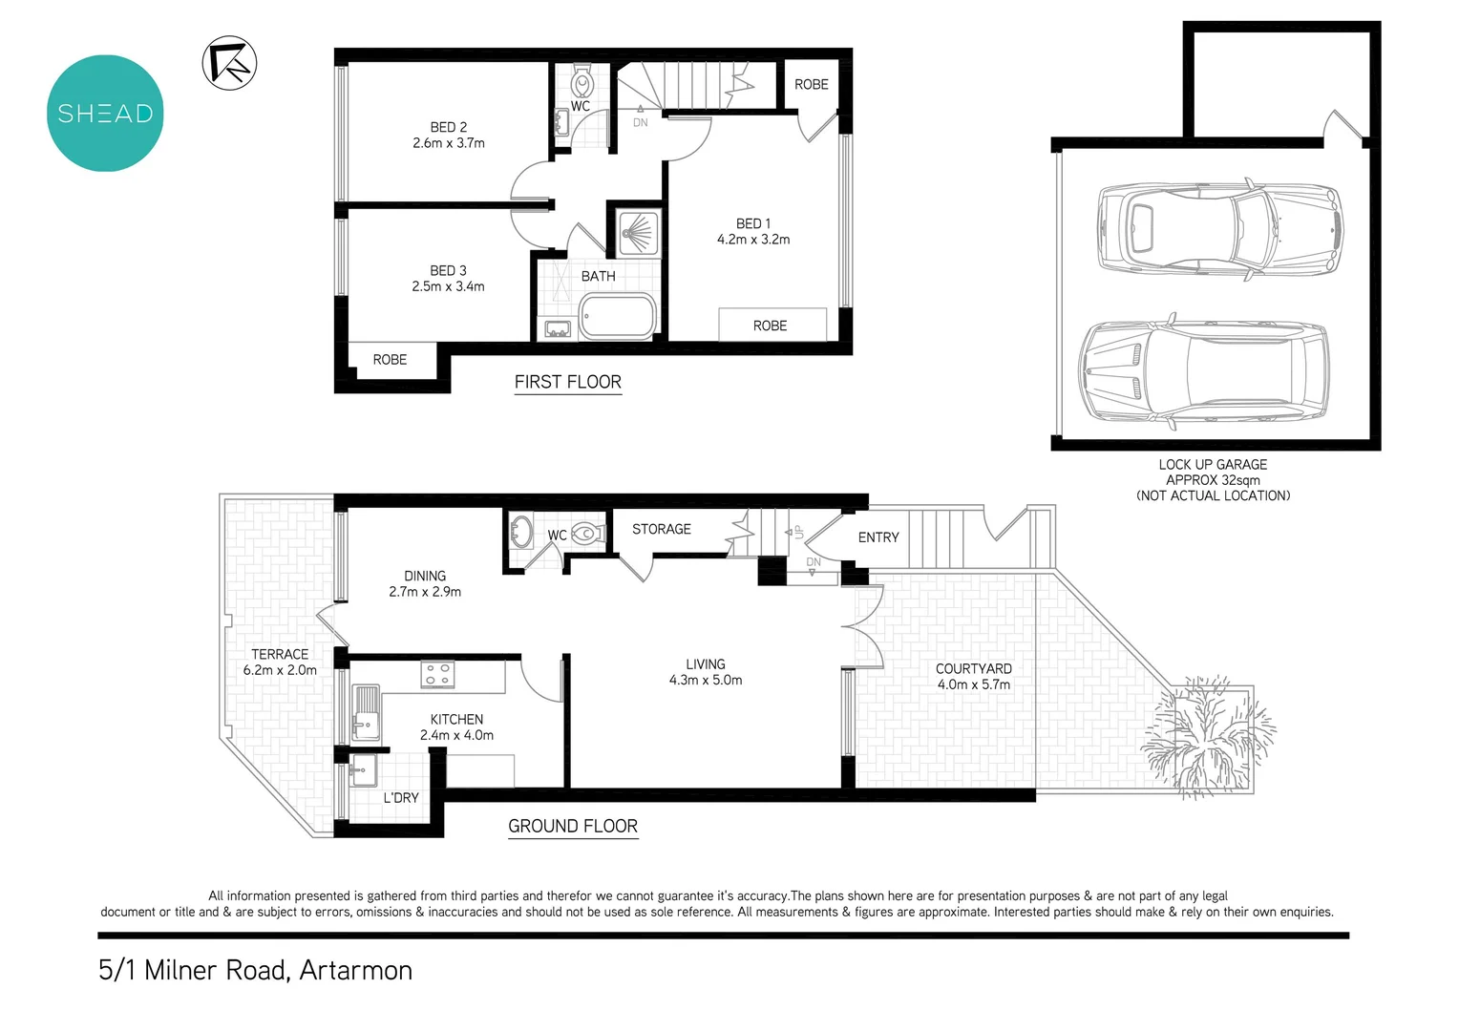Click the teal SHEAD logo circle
click(x=105, y=113)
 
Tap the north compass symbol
click(x=229, y=63)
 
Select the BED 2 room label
click(x=448, y=127)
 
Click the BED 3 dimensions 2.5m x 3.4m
click(x=448, y=286)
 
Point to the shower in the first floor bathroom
click(x=637, y=233)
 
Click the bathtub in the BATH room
click(x=617, y=316)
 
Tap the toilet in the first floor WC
click(x=581, y=80)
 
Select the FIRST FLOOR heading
click(x=567, y=382)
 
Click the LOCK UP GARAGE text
click(x=1213, y=465)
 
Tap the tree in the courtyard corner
click(x=1207, y=735)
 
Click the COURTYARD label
click(x=973, y=669)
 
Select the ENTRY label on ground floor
click(x=878, y=537)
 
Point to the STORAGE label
click(x=661, y=529)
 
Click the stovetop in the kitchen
click(x=437, y=674)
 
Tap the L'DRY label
click(x=401, y=798)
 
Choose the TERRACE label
click(x=280, y=654)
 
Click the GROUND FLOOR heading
click(x=572, y=827)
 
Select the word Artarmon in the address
click(x=355, y=970)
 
